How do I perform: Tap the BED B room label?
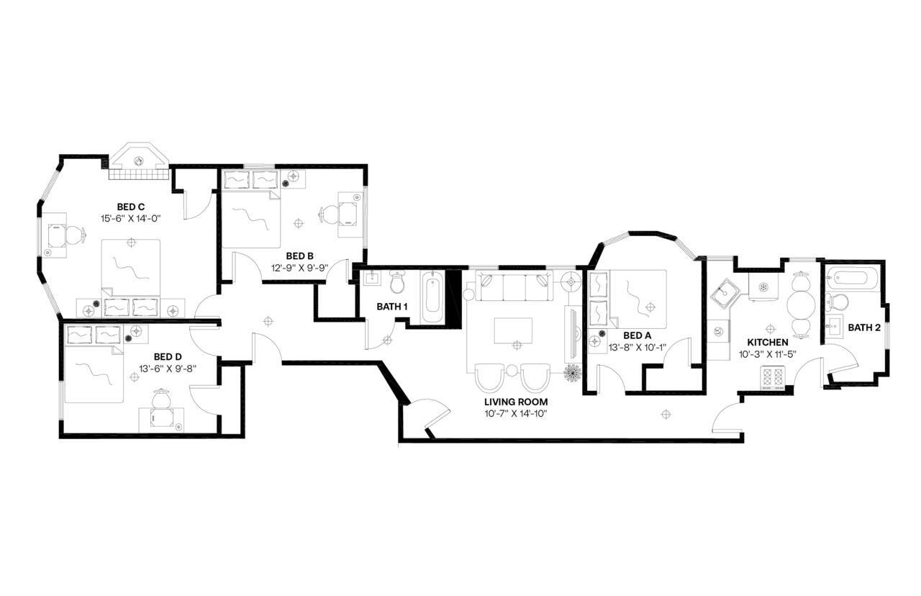[299, 256]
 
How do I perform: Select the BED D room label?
[168, 356]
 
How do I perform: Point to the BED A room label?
[637, 335]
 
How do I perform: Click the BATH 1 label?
[392, 307]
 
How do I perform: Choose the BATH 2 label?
[863, 328]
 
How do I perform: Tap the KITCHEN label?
[767, 343]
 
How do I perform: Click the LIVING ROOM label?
[516, 402]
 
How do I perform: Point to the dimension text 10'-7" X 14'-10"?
[516, 414]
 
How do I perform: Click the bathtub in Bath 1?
[433, 297]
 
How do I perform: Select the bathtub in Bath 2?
[852, 276]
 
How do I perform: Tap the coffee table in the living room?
[513, 331]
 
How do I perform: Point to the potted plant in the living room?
[572, 374]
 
